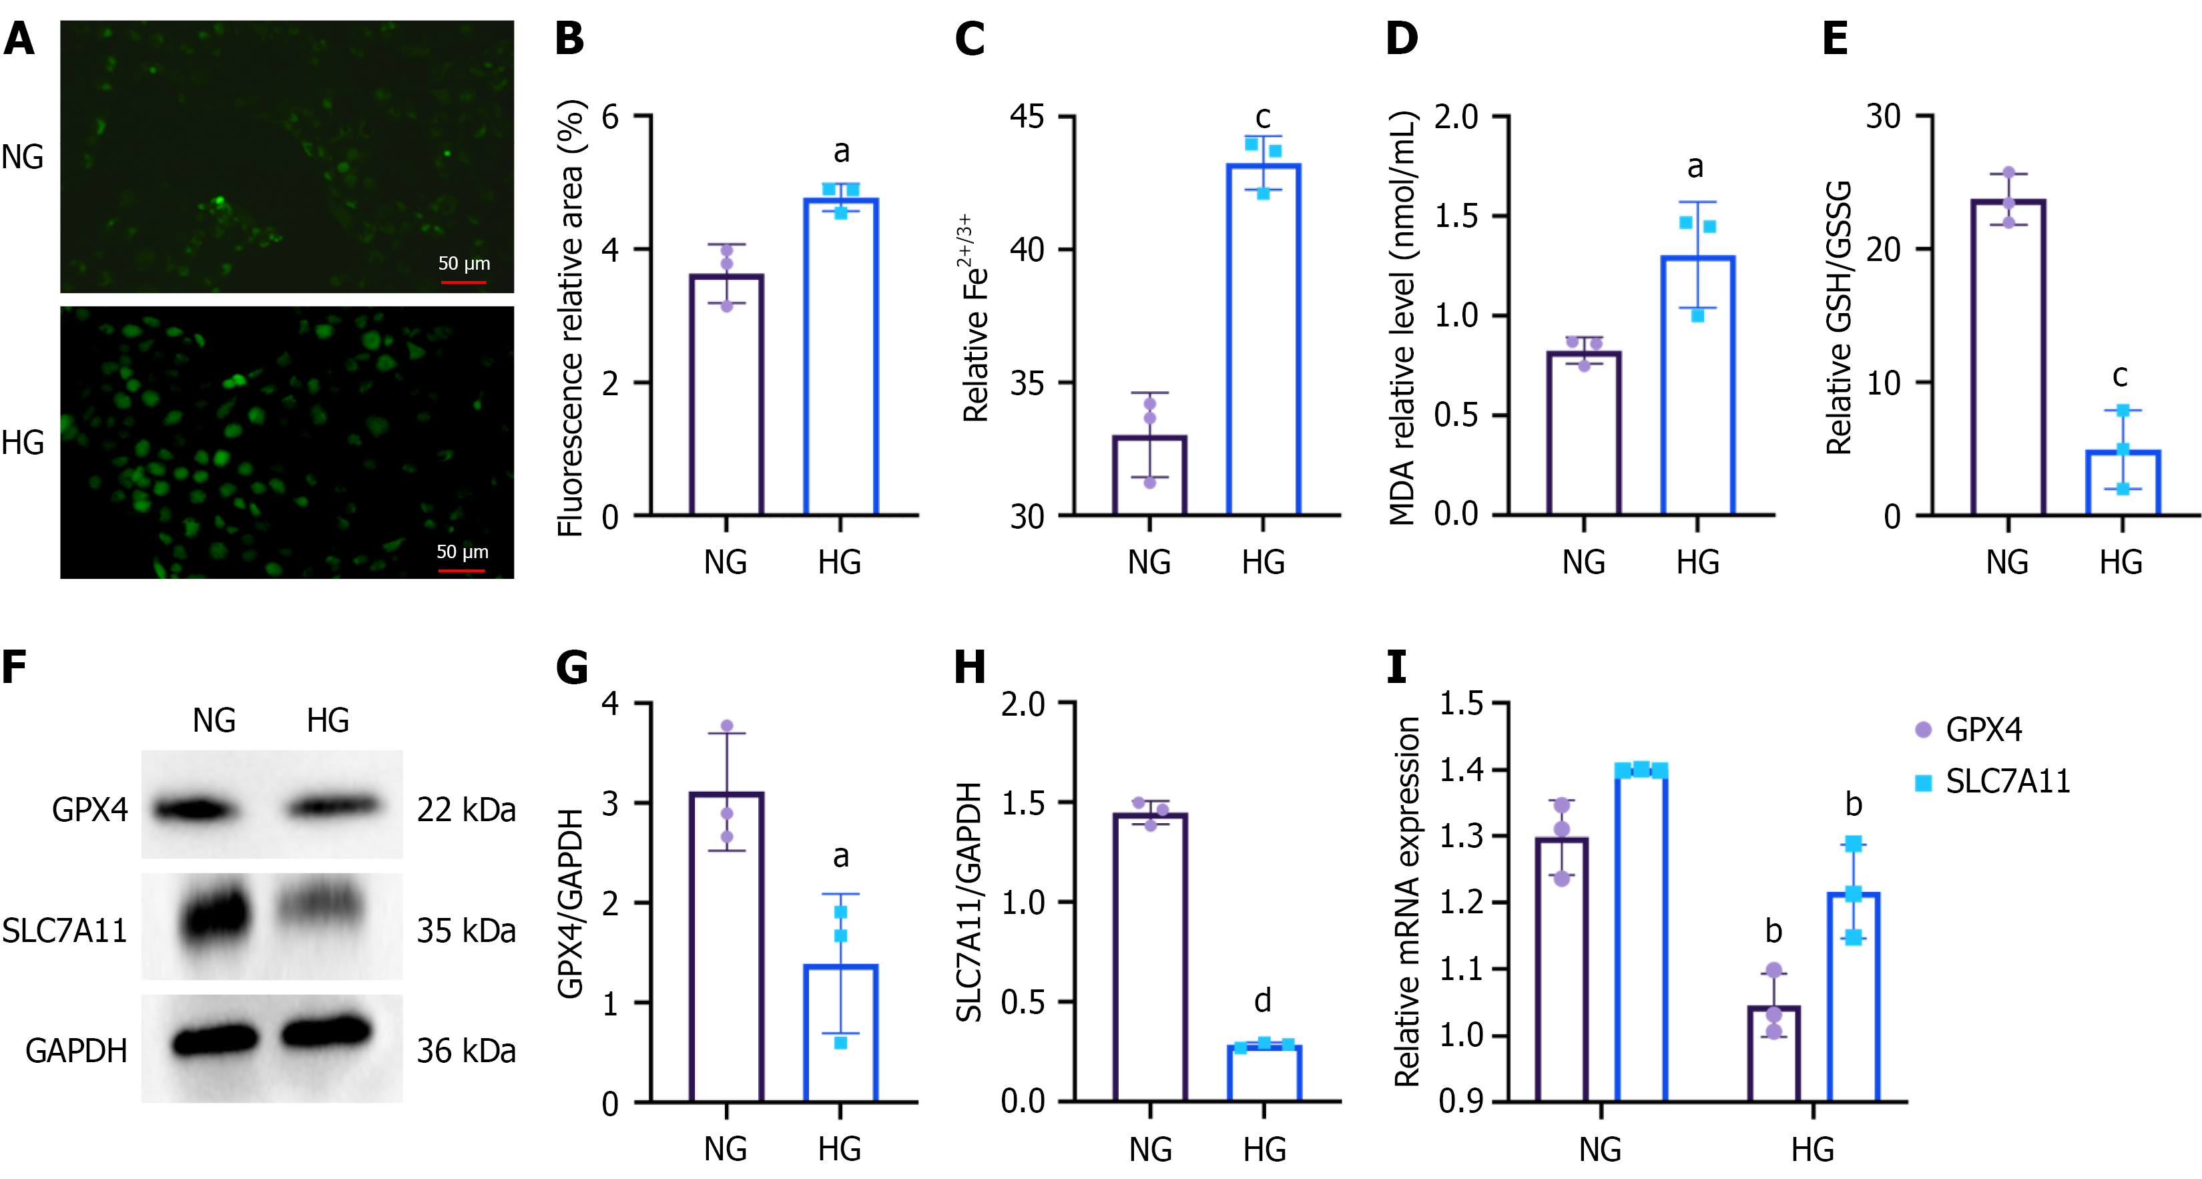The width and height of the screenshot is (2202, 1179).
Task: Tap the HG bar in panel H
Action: (1264, 1073)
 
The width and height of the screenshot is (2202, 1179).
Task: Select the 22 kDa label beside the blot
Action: (466, 810)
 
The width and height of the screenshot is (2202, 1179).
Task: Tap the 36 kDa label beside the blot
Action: (466, 1051)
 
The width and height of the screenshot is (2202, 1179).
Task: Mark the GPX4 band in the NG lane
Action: (195, 808)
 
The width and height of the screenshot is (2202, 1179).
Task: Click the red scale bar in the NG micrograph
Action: (463, 281)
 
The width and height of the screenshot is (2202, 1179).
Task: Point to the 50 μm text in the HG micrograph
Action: (463, 551)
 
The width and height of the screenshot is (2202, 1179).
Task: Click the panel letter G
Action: (571, 668)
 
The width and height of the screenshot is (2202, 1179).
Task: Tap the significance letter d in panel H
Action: (1263, 999)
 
